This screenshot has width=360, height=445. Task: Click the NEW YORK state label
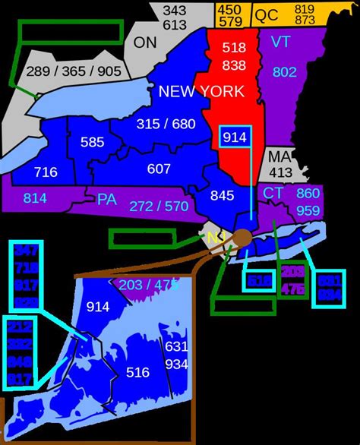tap(201, 92)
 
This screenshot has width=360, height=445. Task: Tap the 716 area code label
tap(46, 172)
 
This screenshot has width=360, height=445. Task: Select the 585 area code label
tap(92, 142)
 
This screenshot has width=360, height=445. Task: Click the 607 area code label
tap(159, 169)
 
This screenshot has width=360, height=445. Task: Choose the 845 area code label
tap(222, 195)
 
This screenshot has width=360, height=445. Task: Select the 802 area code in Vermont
tap(284, 73)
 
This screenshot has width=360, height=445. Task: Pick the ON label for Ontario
tap(144, 43)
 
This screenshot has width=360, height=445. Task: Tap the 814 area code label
tap(34, 198)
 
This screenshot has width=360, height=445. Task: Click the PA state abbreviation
tap(106, 200)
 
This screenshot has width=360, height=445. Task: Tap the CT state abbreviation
tap(273, 193)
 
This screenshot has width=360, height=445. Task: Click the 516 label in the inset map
tap(137, 373)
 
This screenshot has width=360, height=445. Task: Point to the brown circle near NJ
tap(242, 238)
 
